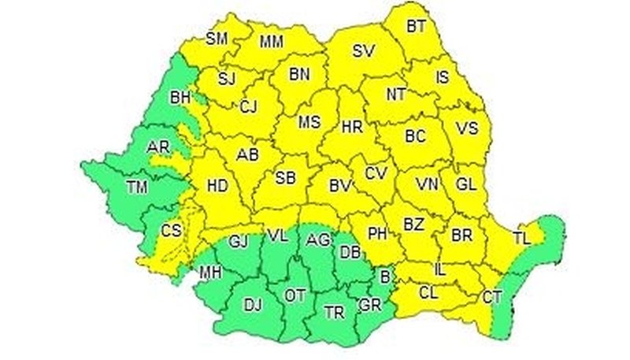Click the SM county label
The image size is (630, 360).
pyautogui.click(x=216, y=38)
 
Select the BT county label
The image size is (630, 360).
pyautogui.click(x=416, y=27)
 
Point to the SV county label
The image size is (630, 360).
pyautogui.click(x=363, y=51)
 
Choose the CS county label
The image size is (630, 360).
pyautogui.click(x=171, y=231)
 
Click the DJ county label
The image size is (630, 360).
pyautogui.click(x=252, y=304)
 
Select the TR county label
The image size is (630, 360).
pyautogui.click(x=334, y=311)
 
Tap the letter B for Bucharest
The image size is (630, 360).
pyautogui.click(x=385, y=276)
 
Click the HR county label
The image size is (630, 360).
pyautogui.click(x=351, y=126)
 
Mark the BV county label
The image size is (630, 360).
pyautogui.click(x=339, y=187)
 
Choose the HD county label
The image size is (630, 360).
pyautogui.click(x=217, y=186)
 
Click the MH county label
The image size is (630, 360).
pyautogui.click(x=209, y=273)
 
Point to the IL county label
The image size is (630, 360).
pyautogui.click(x=440, y=270)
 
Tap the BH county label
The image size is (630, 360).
pyautogui.click(x=180, y=98)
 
